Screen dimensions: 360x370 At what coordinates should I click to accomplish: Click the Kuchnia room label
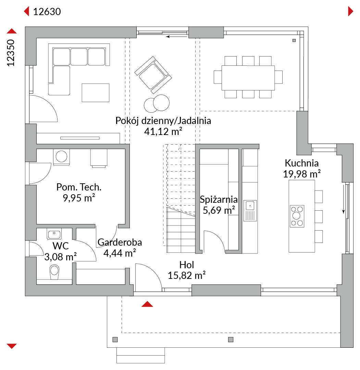(x=301, y=163)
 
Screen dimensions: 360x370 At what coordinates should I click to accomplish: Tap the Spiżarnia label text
(x=219, y=199)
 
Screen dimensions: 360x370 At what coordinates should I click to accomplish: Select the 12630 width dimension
(x=47, y=12)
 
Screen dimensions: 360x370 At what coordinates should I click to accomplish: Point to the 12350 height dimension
(x=11, y=53)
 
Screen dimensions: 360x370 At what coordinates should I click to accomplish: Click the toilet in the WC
(x=54, y=272)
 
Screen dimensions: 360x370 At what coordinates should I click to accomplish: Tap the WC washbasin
(x=54, y=234)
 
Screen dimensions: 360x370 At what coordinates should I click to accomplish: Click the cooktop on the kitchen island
(x=297, y=216)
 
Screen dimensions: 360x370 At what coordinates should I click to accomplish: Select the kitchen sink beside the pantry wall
(x=250, y=211)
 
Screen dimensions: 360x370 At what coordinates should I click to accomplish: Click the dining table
(x=248, y=78)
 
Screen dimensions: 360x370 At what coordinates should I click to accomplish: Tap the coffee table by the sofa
(x=96, y=92)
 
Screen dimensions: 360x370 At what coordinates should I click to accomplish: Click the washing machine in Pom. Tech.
(x=61, y=157)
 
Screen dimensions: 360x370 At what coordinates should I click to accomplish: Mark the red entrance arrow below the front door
(x=147, y=304)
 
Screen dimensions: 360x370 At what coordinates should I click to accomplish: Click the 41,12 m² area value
(x=163, y=131)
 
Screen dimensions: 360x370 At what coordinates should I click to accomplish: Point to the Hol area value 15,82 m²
(x=186, y=275)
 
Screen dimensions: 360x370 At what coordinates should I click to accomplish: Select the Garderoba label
(x=120, y=242)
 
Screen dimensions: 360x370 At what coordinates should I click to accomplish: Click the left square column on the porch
(x=115, y=340)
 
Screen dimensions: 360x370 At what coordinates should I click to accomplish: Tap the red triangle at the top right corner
(x=350, y=11)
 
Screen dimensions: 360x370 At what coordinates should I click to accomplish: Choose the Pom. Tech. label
(x=79, y=187)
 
